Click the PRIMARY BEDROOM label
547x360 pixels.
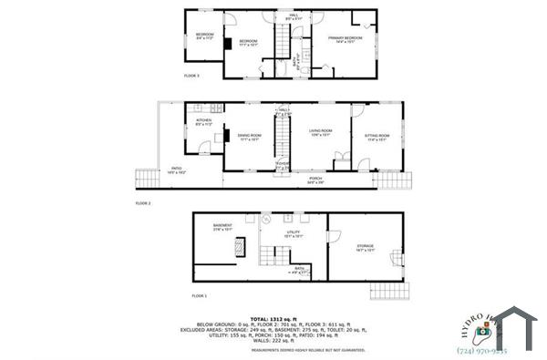tap(347, 39)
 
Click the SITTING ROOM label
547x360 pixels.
tap(377, 138)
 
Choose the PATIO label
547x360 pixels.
tap(177, 170)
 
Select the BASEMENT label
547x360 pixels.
tap(222, 226)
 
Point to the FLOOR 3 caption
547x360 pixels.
tap(191, 75)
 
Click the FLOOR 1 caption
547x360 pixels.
tap(199, 296)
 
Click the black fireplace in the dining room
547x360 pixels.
tap(219, 138)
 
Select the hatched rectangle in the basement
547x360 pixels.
tap(240, 246)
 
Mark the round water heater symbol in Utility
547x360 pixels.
tap(267, 219)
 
